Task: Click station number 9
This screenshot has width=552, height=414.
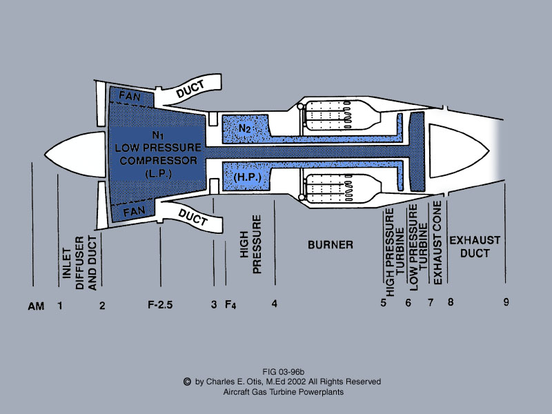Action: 506,302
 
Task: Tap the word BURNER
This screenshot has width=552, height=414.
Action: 331,245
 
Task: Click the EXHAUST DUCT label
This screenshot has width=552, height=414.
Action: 475,246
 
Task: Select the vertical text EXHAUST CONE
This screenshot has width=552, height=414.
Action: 436,244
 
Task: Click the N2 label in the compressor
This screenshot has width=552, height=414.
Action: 244,128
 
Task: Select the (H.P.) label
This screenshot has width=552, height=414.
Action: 245,177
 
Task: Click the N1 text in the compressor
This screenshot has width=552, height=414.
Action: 158,136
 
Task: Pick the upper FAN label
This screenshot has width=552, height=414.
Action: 129,95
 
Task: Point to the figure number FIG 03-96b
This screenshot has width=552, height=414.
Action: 283,371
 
